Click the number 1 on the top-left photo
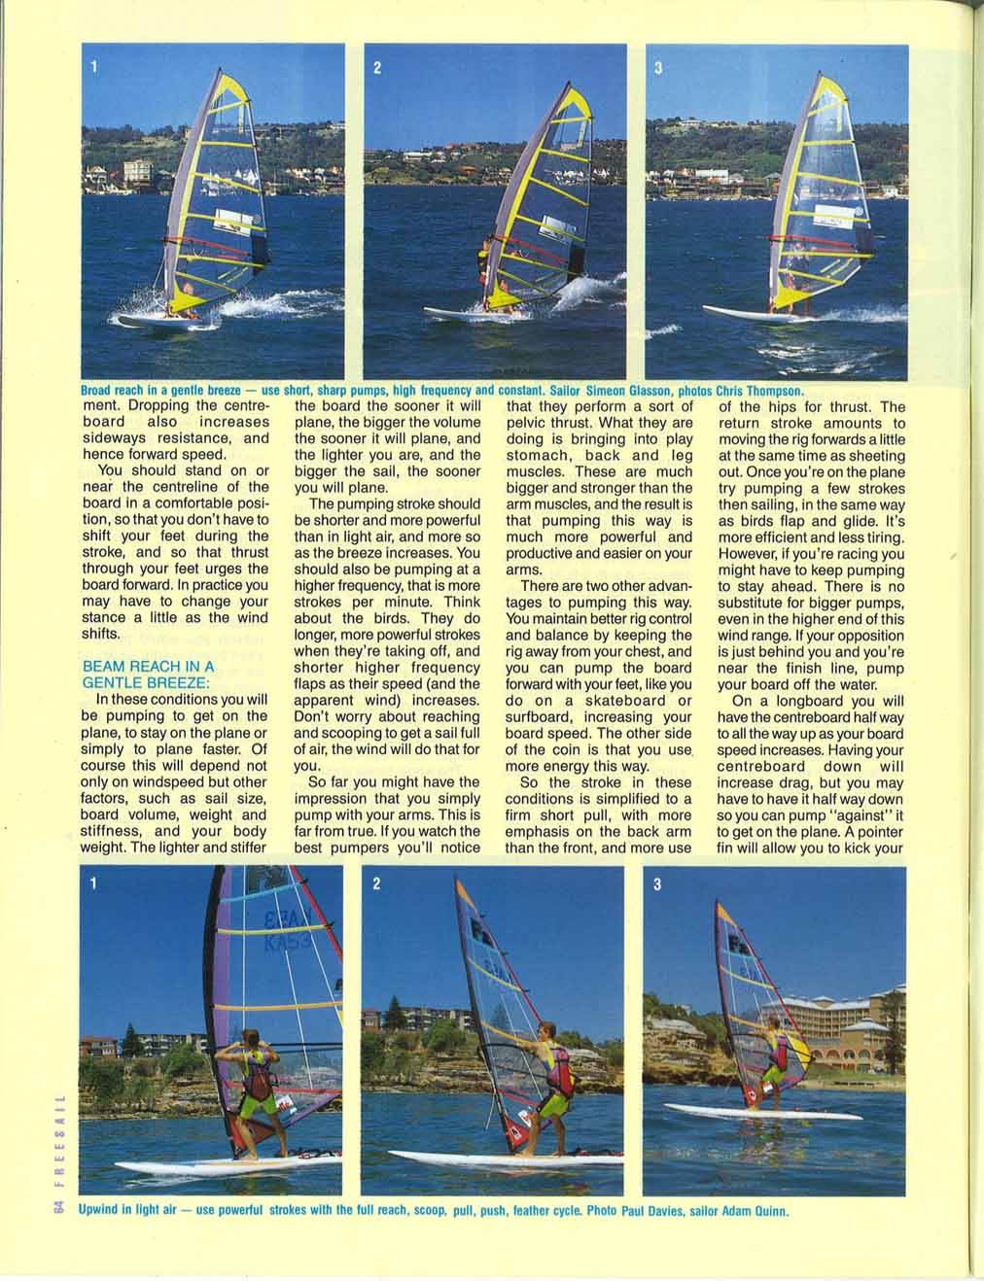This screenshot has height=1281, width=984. tap(94, 67)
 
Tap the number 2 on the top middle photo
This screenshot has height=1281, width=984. tap(376, 68)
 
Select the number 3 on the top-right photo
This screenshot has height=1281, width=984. tap(658, 68)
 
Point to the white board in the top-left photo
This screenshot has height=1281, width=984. tap(156, 317)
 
